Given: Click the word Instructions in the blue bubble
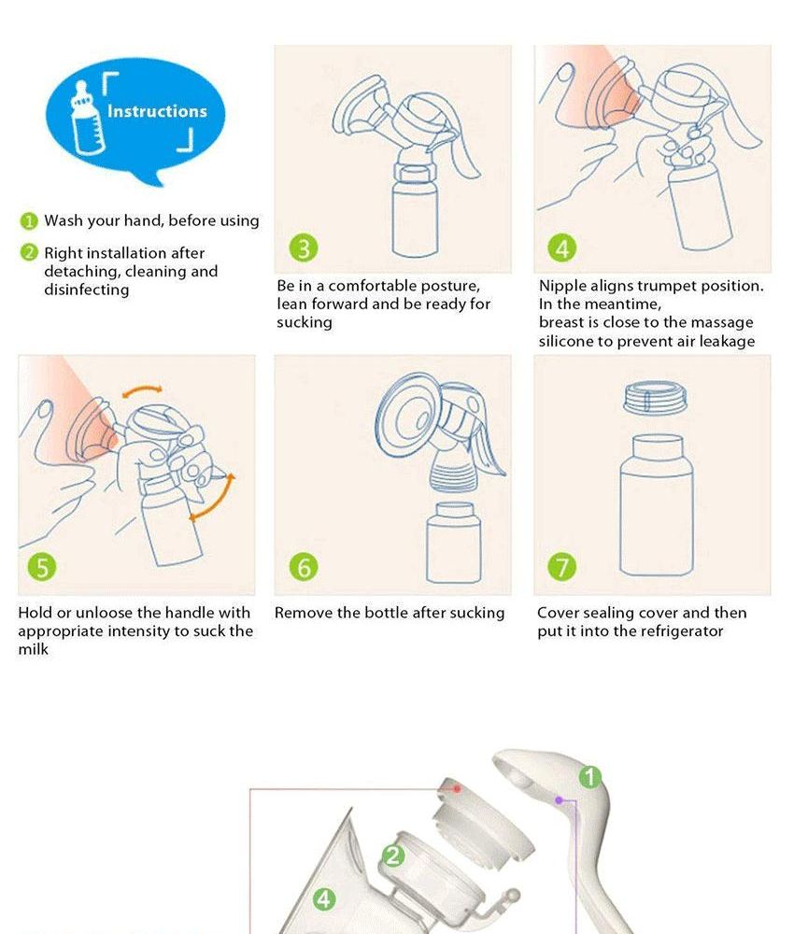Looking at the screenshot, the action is point(157,111).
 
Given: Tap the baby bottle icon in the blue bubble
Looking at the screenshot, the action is point(87,118).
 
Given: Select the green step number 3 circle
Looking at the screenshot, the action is point(304,248).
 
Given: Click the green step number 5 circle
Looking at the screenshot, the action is point(42,567).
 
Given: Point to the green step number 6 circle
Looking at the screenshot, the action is point(304,567).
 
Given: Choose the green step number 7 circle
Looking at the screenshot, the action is point(562,567).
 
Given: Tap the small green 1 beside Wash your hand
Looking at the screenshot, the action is point(29,221).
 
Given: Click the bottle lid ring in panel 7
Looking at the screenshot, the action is point(655,398).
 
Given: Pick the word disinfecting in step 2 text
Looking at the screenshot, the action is point(86,290).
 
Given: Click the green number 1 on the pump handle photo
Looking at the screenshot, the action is point(589,777).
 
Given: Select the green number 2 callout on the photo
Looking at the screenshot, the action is point(392,856).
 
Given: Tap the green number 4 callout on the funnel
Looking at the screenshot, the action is point(324,899).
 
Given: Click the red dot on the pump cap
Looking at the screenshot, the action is point(457,788).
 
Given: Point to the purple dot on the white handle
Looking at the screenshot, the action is point(559,800).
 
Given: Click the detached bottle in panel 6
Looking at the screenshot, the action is point(454,543).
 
